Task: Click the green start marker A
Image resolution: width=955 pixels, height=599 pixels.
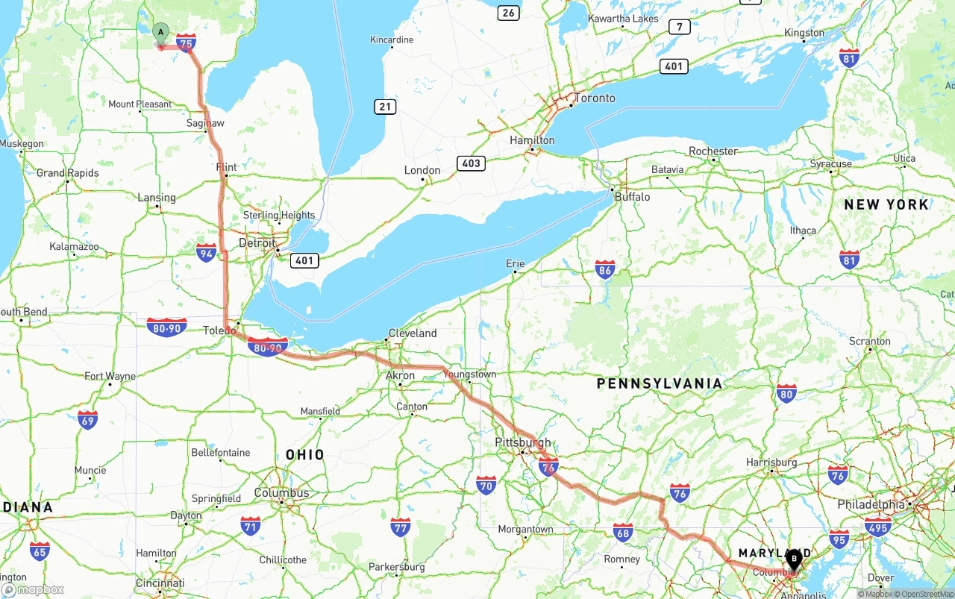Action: pos(160,33)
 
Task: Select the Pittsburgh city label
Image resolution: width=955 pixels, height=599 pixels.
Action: pos(522,442)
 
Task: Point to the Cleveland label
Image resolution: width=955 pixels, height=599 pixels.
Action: pos(412,333)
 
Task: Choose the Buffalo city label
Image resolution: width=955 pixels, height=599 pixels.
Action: pos(631,197)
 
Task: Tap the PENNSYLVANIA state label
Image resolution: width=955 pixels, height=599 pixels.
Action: pos(660,383)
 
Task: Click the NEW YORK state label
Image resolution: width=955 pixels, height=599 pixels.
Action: pos(886,204)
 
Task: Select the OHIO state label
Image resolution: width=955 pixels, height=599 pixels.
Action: pos(304,454)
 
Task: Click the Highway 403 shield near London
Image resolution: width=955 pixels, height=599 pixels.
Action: pos(472,163)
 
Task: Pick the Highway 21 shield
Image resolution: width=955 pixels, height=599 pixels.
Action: pos(384,107)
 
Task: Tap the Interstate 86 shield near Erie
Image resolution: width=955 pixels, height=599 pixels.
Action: pos(605,269)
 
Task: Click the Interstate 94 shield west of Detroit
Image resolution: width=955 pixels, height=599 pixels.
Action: pos(207,252)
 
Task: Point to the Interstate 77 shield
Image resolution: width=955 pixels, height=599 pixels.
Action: pos(401,527)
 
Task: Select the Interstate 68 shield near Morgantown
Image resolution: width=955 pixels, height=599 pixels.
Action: pos(623,532)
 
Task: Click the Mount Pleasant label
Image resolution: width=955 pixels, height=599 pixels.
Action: pos(140,104)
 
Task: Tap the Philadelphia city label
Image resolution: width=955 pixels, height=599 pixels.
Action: pos(871,504)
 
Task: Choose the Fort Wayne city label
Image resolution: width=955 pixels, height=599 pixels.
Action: pos(110,376)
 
